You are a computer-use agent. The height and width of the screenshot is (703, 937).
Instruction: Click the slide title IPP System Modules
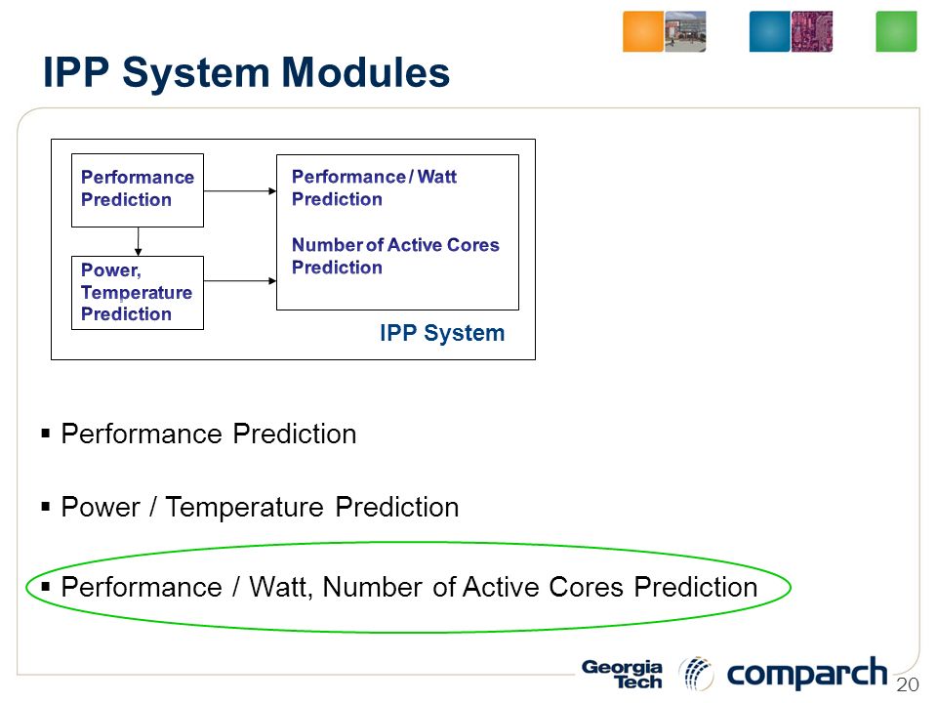tap(246, 72)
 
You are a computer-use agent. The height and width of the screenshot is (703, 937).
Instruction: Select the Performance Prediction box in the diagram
tap(138, 190)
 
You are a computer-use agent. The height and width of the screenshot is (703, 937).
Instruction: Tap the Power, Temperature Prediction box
tap(138, 293)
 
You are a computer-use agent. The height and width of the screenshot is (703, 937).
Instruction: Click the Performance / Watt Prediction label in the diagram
tap(374, 187)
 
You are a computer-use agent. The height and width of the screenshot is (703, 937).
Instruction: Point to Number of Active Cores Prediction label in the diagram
tap(395, 256)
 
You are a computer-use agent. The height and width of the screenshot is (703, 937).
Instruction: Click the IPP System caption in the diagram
tap(442, 333)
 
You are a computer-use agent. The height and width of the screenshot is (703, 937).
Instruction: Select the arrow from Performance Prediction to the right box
tap(240, 191)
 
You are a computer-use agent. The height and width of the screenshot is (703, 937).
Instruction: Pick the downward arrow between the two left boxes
tap(138, 241)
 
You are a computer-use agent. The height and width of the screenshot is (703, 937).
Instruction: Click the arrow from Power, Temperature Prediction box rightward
tap(240, 281)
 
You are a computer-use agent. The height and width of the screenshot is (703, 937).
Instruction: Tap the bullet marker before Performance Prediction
tap(46, 433)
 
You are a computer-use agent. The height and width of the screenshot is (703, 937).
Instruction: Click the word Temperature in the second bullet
tap(244, 508)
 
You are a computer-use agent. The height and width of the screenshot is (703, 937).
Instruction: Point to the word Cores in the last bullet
tap(587, 587)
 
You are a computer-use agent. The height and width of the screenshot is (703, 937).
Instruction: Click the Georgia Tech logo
tap(622, 675)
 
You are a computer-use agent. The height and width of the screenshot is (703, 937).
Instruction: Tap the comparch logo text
tap(807, 674)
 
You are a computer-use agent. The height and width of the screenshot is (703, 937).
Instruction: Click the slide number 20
tap(907, 684)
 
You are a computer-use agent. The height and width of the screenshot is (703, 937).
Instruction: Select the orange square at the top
tap(643, 31)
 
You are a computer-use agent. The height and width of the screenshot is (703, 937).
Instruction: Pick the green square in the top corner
tap(896, 31)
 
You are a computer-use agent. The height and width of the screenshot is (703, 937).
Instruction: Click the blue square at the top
tap(770, 31)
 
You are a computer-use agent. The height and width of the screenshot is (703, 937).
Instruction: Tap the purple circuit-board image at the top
tap(812, 31)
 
